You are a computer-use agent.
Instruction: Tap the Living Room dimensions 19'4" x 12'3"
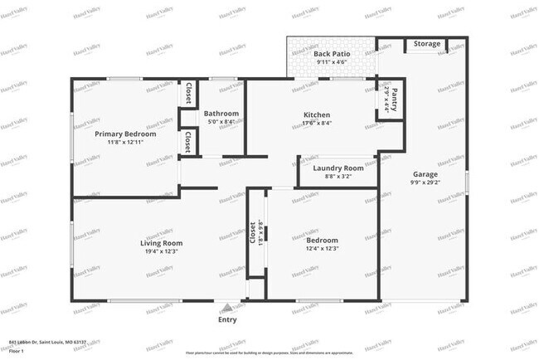click(160, 251)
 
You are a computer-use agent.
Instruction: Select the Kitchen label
click(317, 114)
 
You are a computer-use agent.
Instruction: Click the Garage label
click(425, 174)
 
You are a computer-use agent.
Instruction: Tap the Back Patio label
click(334, 53)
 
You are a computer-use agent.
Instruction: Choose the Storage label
click(427, 43)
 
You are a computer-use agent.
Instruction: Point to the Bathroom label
click(221, 114)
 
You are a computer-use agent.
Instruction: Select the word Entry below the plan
click(227, 319)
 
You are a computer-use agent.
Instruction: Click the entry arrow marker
click(227, 307)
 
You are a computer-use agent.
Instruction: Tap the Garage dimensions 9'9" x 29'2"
click(425, 182)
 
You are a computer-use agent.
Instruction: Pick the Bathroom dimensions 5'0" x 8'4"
click(221, 122)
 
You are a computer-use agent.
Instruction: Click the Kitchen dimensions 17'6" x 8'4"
click(317, 123)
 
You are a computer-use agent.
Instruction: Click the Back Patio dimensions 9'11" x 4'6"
click(334, 61)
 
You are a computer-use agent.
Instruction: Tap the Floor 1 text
click(16, 351)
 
